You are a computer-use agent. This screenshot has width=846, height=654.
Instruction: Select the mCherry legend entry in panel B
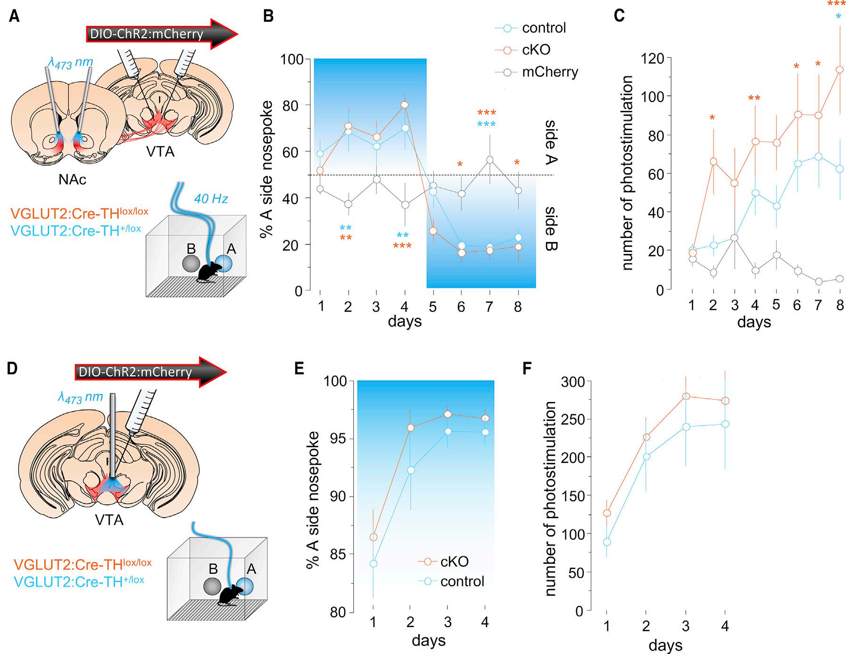point(549,72)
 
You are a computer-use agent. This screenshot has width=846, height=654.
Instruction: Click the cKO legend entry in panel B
point(536,50)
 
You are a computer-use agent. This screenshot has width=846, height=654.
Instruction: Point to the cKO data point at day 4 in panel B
point(405,105)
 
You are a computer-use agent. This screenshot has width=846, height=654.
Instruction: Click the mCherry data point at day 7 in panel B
point(489,160)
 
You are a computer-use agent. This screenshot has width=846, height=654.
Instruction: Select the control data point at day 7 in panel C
point(818,157)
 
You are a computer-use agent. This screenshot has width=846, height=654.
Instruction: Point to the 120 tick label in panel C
point(652,59)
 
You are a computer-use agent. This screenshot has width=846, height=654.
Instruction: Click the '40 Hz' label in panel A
point(211,199)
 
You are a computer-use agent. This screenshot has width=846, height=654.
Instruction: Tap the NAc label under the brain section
point(72,179)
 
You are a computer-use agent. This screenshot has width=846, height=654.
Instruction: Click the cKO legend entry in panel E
point(454,562)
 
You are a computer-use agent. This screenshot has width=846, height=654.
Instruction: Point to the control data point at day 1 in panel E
point(373,563)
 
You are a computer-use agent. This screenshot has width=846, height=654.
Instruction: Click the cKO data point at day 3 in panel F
point(686,396)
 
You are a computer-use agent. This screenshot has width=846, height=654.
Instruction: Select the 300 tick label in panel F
point(572,382)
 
